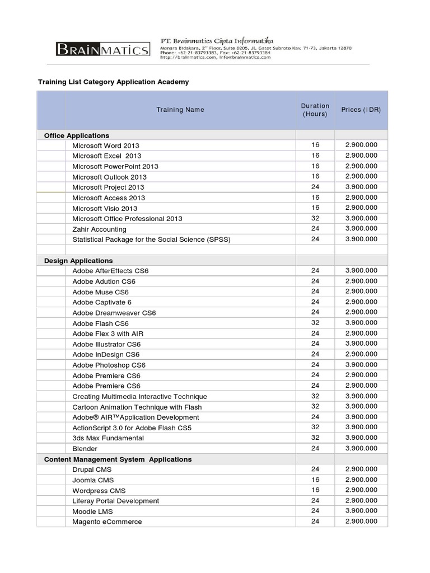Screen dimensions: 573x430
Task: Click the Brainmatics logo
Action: coord(103,50)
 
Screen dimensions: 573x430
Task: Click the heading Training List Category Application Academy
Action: coord(113,82)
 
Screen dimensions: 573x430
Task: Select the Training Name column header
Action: coord(180,110)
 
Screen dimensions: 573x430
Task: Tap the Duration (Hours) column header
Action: coord(315,110)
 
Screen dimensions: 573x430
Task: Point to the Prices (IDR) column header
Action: coord(361,110)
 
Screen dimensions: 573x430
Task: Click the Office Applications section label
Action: coord(77,135)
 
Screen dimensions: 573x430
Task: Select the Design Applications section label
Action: coord(78,261)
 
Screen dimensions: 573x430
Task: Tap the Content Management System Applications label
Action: coord(118,459)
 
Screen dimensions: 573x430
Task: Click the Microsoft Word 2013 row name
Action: coord(106,145)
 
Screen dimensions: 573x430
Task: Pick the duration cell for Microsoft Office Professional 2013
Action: coord(315,218)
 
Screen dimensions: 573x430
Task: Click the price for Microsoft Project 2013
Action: coord(361,187)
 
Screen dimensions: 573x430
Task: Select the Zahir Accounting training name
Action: coord(99,229)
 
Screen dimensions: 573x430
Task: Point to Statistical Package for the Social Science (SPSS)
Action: coord(151,239)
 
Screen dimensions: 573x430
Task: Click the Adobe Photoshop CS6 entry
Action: coord(109,365)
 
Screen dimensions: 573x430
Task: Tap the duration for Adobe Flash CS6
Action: coord(315,323)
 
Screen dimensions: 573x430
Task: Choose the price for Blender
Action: coord(361,448)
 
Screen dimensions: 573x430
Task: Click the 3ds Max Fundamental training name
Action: coord(108,438)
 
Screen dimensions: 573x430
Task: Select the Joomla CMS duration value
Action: coord(315,480)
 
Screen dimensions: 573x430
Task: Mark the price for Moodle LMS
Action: coord(361,511)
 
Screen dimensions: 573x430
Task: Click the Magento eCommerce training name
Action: coord(107,522)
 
